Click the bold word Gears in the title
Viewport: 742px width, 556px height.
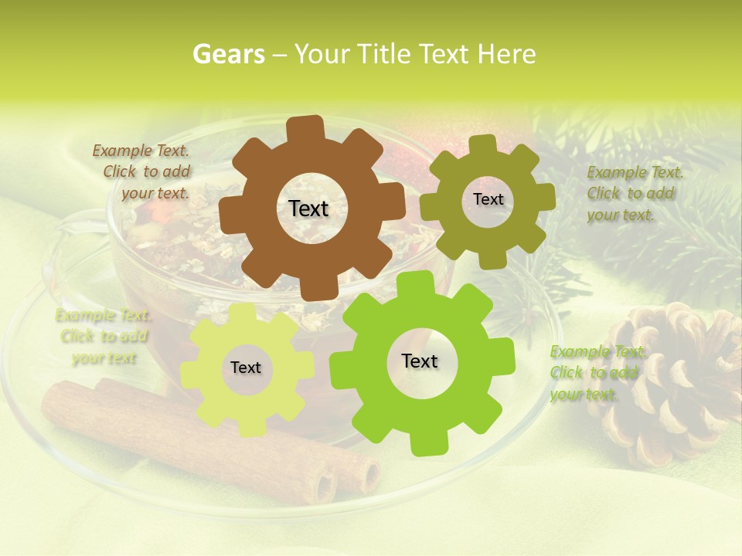228,54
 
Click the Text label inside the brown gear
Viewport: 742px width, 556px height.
308,208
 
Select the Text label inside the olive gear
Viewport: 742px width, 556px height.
488,199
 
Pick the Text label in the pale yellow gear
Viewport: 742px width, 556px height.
246,368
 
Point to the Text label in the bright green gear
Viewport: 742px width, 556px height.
420,361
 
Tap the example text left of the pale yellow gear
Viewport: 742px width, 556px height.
104,337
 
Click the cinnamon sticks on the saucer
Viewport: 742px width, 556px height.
209,440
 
